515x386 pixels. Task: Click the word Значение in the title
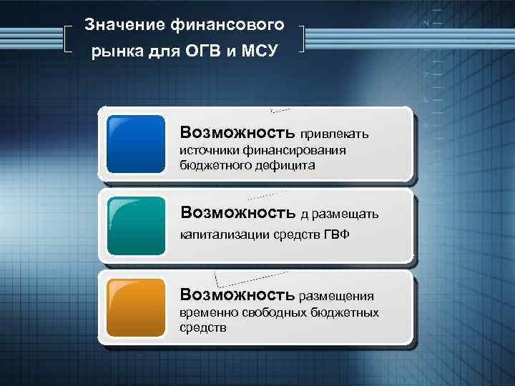tap(124, 25)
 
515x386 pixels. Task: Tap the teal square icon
tap(135, 226)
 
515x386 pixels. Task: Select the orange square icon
tap(135, 308)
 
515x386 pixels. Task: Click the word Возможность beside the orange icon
tap(237, 294)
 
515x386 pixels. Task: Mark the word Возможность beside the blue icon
tap(237, 132)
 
